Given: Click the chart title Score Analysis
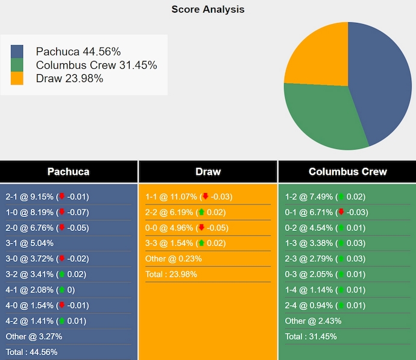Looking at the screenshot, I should pos(208,10).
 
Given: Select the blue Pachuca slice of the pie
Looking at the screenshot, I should pos(380,78).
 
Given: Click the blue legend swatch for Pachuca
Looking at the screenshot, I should pos(17,52).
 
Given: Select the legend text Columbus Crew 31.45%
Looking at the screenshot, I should pos(96,65).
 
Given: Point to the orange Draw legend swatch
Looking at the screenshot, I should pos(17,78).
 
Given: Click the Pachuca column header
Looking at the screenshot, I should pos(68,172).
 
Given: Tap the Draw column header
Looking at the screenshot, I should pos(208,172).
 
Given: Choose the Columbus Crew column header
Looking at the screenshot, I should pos(347,172).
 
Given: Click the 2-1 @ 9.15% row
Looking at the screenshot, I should pos(30,197).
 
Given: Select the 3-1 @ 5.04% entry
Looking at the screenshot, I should pos(30,243).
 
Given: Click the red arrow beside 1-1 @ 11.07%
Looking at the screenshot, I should pos(205,197).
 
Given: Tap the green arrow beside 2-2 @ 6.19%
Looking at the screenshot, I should pos(201,212).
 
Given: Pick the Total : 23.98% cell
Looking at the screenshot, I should pos(171,274).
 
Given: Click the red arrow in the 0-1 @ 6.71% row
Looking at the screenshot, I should pos(341,212).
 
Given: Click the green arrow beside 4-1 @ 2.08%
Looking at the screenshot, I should pos(61,290).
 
